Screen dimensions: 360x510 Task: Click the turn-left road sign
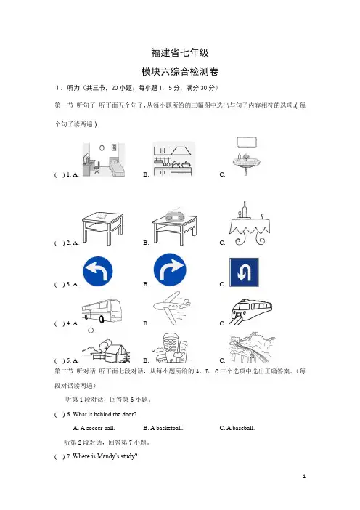tap(98, 271)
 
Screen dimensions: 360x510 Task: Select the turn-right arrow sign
tap(170, 270)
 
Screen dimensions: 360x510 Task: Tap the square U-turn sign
tap(244, 272)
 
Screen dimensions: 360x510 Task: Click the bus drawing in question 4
tap(102, 311)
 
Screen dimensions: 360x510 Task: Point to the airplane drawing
tap(172, 307)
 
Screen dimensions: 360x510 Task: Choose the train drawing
tap(250, 312)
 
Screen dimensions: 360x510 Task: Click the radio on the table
tap(175, 216)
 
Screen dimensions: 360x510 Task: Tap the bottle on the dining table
tap(245, 209)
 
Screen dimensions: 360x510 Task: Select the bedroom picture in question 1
tap(104, 159)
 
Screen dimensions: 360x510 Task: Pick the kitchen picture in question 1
tap(173, 158)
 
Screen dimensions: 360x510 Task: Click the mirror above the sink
tap(247, 142)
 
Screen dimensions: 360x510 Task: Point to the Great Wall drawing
tap(251, 348)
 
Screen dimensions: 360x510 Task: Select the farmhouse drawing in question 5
tap(106, 351)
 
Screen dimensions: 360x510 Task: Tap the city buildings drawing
tap(171, 348)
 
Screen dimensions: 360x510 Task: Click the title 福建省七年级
tap(180, 52)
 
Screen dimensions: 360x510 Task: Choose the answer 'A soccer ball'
tap(94, 428)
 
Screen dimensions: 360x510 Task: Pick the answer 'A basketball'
tap(163, 428)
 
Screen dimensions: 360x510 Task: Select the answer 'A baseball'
tap(237, 428)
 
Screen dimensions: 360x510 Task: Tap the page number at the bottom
tap(304, 477)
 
